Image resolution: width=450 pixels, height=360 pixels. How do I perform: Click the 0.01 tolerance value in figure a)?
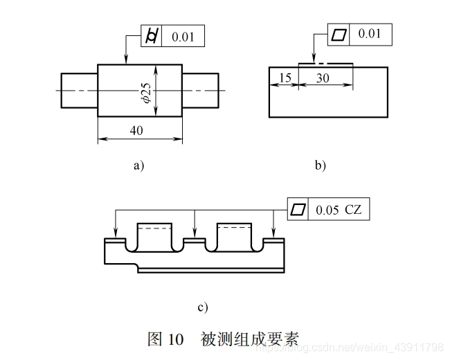click(x=183, y=36)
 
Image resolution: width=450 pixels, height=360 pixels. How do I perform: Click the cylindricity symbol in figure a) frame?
click(x=152, y=36)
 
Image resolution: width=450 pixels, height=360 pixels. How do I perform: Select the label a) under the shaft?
click(x=138, y=165)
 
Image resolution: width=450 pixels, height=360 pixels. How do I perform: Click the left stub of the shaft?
click(x=79, y=90)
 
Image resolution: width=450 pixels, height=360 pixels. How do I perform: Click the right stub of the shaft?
click(x=203, y=90)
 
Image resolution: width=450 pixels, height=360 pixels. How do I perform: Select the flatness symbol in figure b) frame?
click(x=339, y=34)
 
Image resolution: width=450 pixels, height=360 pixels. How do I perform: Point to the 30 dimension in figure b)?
click(x=323, y=78)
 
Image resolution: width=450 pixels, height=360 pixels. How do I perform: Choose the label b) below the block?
click(x=320, y=165)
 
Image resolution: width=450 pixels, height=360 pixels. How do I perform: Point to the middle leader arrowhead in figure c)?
click(x=196, y=235)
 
